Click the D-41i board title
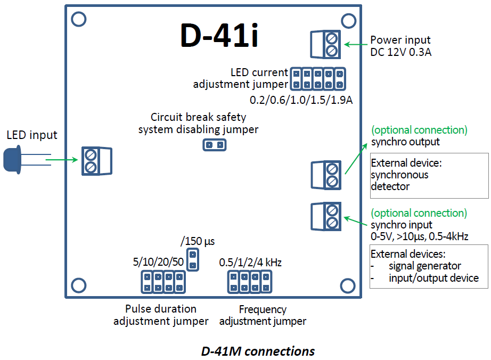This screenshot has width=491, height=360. coord(219,36)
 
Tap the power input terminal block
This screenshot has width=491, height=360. coord(325,44)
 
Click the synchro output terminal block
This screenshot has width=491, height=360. coord(325,175)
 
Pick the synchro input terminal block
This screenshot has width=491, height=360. coord(325,216)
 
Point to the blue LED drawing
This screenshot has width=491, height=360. coord(12,160)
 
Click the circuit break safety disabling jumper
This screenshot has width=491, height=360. coord(215,144)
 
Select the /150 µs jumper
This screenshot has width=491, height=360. coord(193,258)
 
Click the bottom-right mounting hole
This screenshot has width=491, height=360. coord(348,285)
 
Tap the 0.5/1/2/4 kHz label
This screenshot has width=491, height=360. coord(250,263)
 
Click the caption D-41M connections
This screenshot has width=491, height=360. coord(258,351)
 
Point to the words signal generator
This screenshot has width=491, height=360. coord(424,266)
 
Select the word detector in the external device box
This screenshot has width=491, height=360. coord(390,186)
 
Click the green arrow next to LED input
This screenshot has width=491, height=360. coord(62,159)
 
